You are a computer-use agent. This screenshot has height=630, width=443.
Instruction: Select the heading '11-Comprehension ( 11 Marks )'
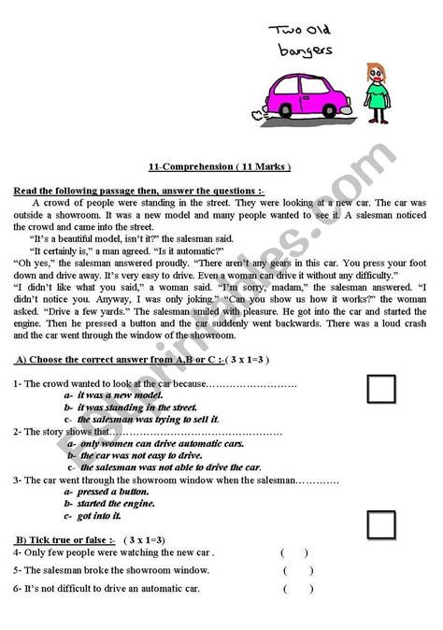pos(220,166)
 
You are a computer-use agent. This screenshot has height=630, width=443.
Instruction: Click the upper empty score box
pos(381,389)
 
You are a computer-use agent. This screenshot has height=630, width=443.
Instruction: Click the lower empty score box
pos(381,524)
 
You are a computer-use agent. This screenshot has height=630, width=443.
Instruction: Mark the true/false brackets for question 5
pos(297,569)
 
